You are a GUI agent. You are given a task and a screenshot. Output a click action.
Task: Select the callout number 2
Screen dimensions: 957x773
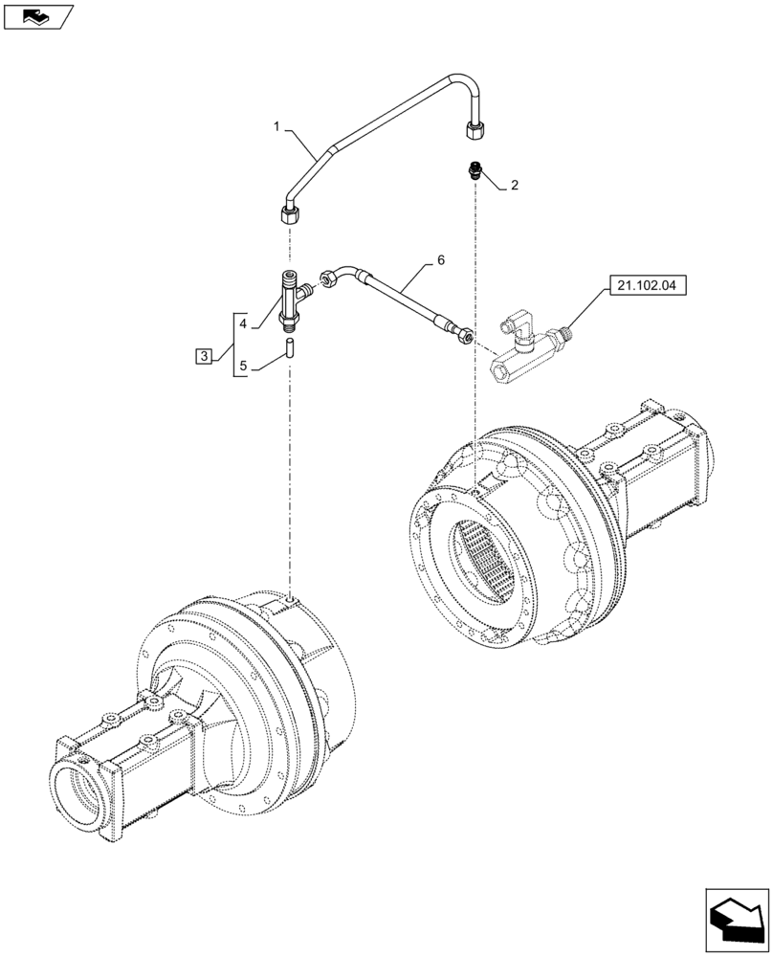514,186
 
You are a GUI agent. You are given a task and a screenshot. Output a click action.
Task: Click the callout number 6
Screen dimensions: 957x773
441,259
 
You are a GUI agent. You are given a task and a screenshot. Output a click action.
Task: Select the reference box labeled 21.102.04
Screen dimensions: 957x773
647,285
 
